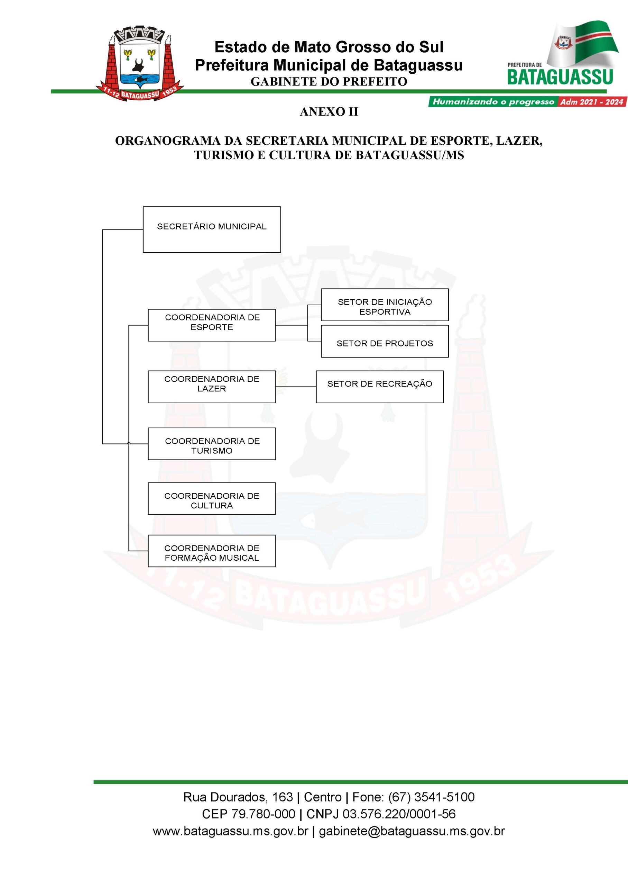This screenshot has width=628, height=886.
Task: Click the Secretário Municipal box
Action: click(x=212, y=229)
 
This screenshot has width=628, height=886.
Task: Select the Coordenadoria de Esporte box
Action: click(x=212, y=325)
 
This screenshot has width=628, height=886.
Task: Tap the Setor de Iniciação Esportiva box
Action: click(x=385, y=305)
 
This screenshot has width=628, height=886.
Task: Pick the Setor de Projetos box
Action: click(x=385, y=341)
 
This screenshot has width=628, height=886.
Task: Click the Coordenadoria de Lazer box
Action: click(x=212, y=387)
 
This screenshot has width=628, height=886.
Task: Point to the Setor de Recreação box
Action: click(x=380, y=387)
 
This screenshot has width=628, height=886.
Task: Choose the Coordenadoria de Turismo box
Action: click(x=212, y=443)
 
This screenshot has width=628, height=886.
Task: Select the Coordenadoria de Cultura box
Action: click(x=212, y=498)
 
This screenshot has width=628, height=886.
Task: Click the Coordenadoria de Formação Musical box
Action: click(x=212, y=551)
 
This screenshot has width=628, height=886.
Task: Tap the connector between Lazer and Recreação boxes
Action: click(x=296, y=387)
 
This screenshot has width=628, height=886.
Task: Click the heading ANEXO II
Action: click(x=329, y=112)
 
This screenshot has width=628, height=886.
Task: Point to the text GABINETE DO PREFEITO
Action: click(x=329, y=82)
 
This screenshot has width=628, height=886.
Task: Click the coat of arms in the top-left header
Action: click(x=139, y=63)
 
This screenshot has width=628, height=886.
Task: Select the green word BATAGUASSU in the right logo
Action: click(x=560, y=77)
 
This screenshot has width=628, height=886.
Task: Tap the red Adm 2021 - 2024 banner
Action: click(x=592, y=102)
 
